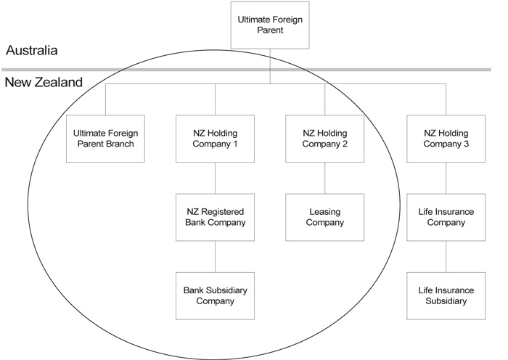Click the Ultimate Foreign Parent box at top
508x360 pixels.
tap(269, 24)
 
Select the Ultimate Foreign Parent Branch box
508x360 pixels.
tap(105, 138)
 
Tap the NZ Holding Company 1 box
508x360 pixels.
tap(215, 138)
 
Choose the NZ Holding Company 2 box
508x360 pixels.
tap(324, 138)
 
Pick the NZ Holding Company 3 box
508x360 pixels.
tap(446, 138)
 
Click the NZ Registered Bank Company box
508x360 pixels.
tap(215, 216)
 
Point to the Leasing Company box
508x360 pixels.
tap(324, 216)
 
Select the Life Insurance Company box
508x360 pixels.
tap(446, 216)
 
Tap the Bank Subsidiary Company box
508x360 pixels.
tap(215, 295)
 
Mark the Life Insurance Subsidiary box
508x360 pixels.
tap(446, 295)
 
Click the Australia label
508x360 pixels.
tap(32, 51)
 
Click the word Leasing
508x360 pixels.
tap(324, 210)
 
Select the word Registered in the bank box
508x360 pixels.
tap(224, 210)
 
